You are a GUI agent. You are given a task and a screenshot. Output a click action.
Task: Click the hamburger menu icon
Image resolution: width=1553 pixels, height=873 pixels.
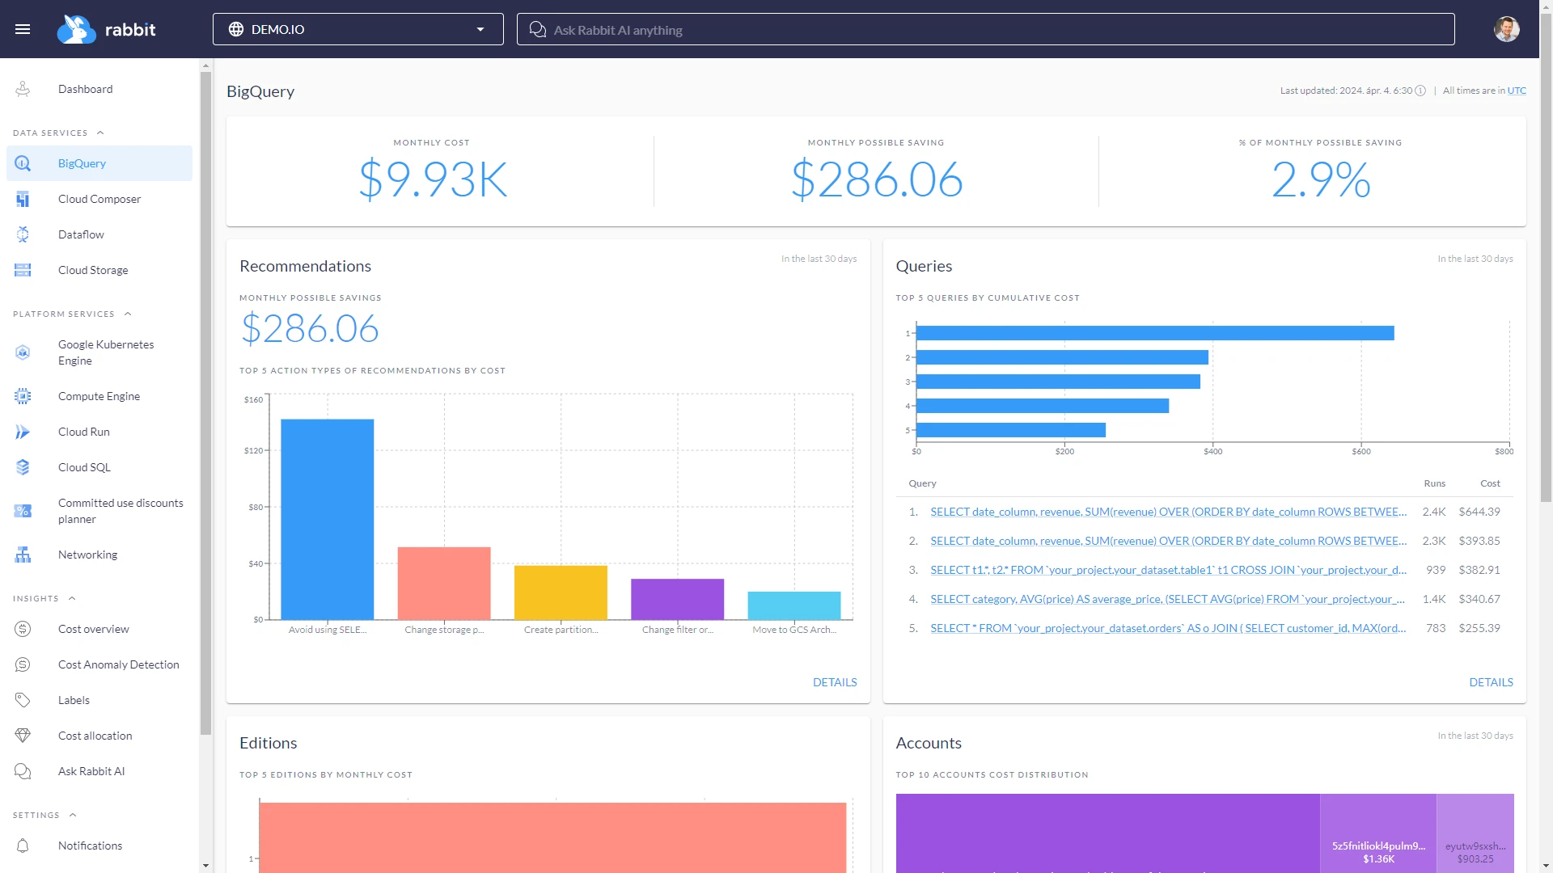tap(23, 29)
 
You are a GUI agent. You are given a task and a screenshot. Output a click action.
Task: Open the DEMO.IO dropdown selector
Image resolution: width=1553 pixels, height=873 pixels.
tap(358, 29)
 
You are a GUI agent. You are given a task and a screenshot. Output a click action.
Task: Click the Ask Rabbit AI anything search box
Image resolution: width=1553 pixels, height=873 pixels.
tap(985, 30)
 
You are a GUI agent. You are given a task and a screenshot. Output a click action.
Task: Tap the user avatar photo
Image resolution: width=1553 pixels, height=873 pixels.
tap(1506, 29)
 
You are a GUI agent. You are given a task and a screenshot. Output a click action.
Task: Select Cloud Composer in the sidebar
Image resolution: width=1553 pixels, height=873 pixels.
tap(99, 199)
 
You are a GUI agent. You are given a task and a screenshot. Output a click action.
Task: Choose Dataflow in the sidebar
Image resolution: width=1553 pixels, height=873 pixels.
tap(81, 234)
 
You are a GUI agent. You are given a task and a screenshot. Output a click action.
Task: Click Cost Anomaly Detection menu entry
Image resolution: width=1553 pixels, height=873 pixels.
tap(118, 664)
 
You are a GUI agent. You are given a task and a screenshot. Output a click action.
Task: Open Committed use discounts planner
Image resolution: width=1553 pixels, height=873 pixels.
tap(120, 511)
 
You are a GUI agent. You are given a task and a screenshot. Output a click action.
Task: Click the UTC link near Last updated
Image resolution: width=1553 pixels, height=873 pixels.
tap(1517, 91)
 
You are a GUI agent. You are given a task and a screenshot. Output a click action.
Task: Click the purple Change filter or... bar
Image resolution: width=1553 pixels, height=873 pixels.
tap(677, 599)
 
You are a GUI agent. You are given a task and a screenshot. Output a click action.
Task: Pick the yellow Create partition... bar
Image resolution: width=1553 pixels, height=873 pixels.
tap(561, 593)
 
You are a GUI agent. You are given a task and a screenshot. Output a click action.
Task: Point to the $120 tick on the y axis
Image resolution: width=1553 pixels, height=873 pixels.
tap(254, 450)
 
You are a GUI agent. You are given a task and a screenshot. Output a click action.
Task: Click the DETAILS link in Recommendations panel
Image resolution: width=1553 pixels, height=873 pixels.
tap(834, 682)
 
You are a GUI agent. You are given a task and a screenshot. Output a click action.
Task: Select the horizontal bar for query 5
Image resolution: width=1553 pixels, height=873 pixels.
tap(1010, 430)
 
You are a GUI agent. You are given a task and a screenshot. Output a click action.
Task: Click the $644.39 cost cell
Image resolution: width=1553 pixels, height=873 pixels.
tap(1479, 512)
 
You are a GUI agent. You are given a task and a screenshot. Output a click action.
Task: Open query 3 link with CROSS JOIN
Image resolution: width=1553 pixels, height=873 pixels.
tap(1167, 570)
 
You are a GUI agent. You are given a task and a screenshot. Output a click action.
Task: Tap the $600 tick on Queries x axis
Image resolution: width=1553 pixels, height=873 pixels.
tap(1360, 451)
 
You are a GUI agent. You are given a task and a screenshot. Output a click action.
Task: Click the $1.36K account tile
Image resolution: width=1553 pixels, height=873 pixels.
tap(1377, 833)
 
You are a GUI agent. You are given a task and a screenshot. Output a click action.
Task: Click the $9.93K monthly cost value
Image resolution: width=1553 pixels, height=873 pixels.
tap(433, 179)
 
